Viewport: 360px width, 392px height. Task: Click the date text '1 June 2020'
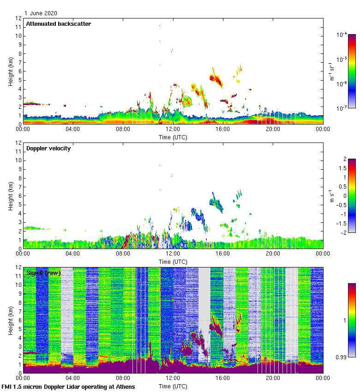(41, 13)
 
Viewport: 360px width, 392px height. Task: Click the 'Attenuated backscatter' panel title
(58, 24)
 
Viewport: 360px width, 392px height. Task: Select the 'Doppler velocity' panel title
(48, 148)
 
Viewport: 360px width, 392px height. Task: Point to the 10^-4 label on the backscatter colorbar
(342, 35)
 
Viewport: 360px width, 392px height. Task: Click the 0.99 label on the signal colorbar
(342, 357)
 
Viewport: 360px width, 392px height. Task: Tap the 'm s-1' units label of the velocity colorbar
(331, 196)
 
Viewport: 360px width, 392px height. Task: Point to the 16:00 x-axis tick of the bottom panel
(222, 379)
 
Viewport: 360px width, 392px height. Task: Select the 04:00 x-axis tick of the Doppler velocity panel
(73, 254)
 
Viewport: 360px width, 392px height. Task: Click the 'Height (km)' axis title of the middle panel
(11, 196)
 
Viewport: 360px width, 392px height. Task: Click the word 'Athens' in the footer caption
(123, 387)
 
